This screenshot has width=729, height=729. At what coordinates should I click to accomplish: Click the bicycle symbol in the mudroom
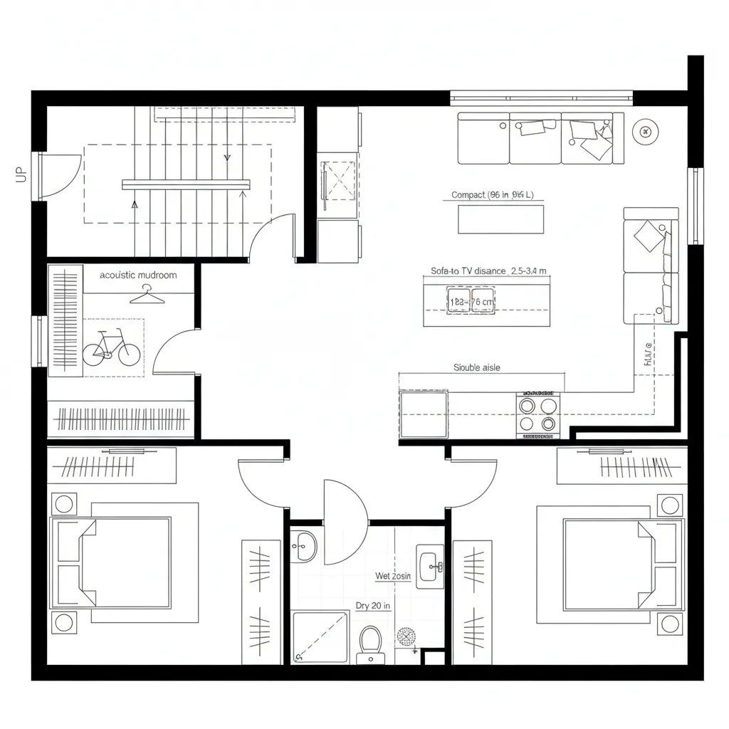click(111, 348)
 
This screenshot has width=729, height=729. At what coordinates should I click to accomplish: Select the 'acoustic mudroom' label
click(138, 275)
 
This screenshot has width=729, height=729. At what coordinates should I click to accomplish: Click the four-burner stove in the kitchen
click(537, 414)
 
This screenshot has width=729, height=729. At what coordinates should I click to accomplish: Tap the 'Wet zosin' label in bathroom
click(393, 576)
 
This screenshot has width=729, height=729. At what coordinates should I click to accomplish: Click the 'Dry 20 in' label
click(373, 606)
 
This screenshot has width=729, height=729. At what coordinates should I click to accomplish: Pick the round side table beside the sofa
click(645, 131)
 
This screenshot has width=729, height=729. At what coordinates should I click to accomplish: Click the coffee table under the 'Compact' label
click(500, 219)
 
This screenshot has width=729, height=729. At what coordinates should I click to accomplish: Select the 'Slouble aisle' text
click(476, 367)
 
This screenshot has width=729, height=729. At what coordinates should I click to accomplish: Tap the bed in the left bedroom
click(114, 562)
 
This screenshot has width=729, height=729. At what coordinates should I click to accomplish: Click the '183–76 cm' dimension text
click(471, 302)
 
